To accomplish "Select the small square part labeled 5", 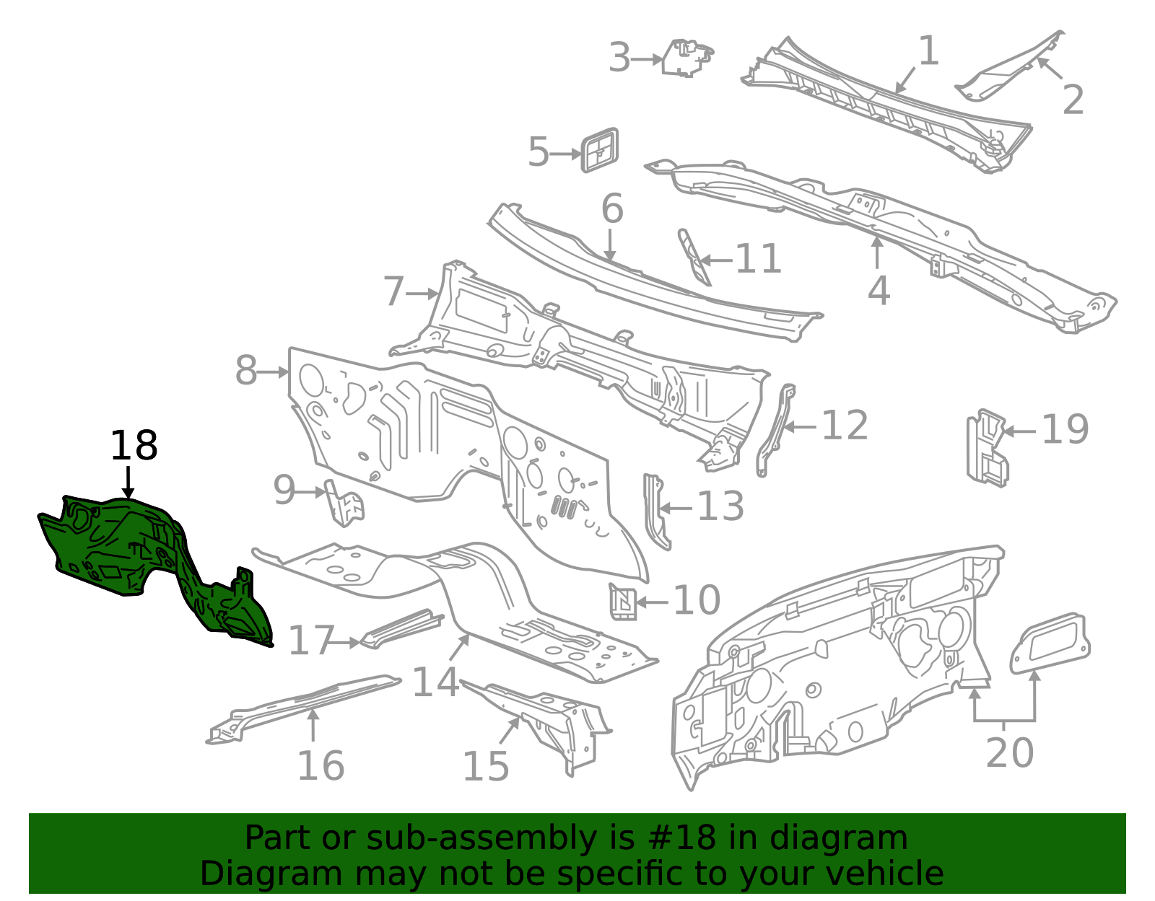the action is (600, 150).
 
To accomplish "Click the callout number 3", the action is (619, 58).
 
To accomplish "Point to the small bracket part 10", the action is (623, 601).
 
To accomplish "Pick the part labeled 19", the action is (987, 447).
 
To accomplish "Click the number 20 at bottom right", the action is (1009, 753).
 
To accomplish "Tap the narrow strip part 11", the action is (694, 258).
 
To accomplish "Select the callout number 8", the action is (246, 371).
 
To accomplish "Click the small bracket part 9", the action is (345, 503).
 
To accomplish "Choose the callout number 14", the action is (435, 682).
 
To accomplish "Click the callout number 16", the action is (321, 765).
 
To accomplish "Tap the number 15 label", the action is (485, 766).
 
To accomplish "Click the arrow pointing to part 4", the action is (877, 252).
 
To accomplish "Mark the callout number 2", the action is (1073, 100).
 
